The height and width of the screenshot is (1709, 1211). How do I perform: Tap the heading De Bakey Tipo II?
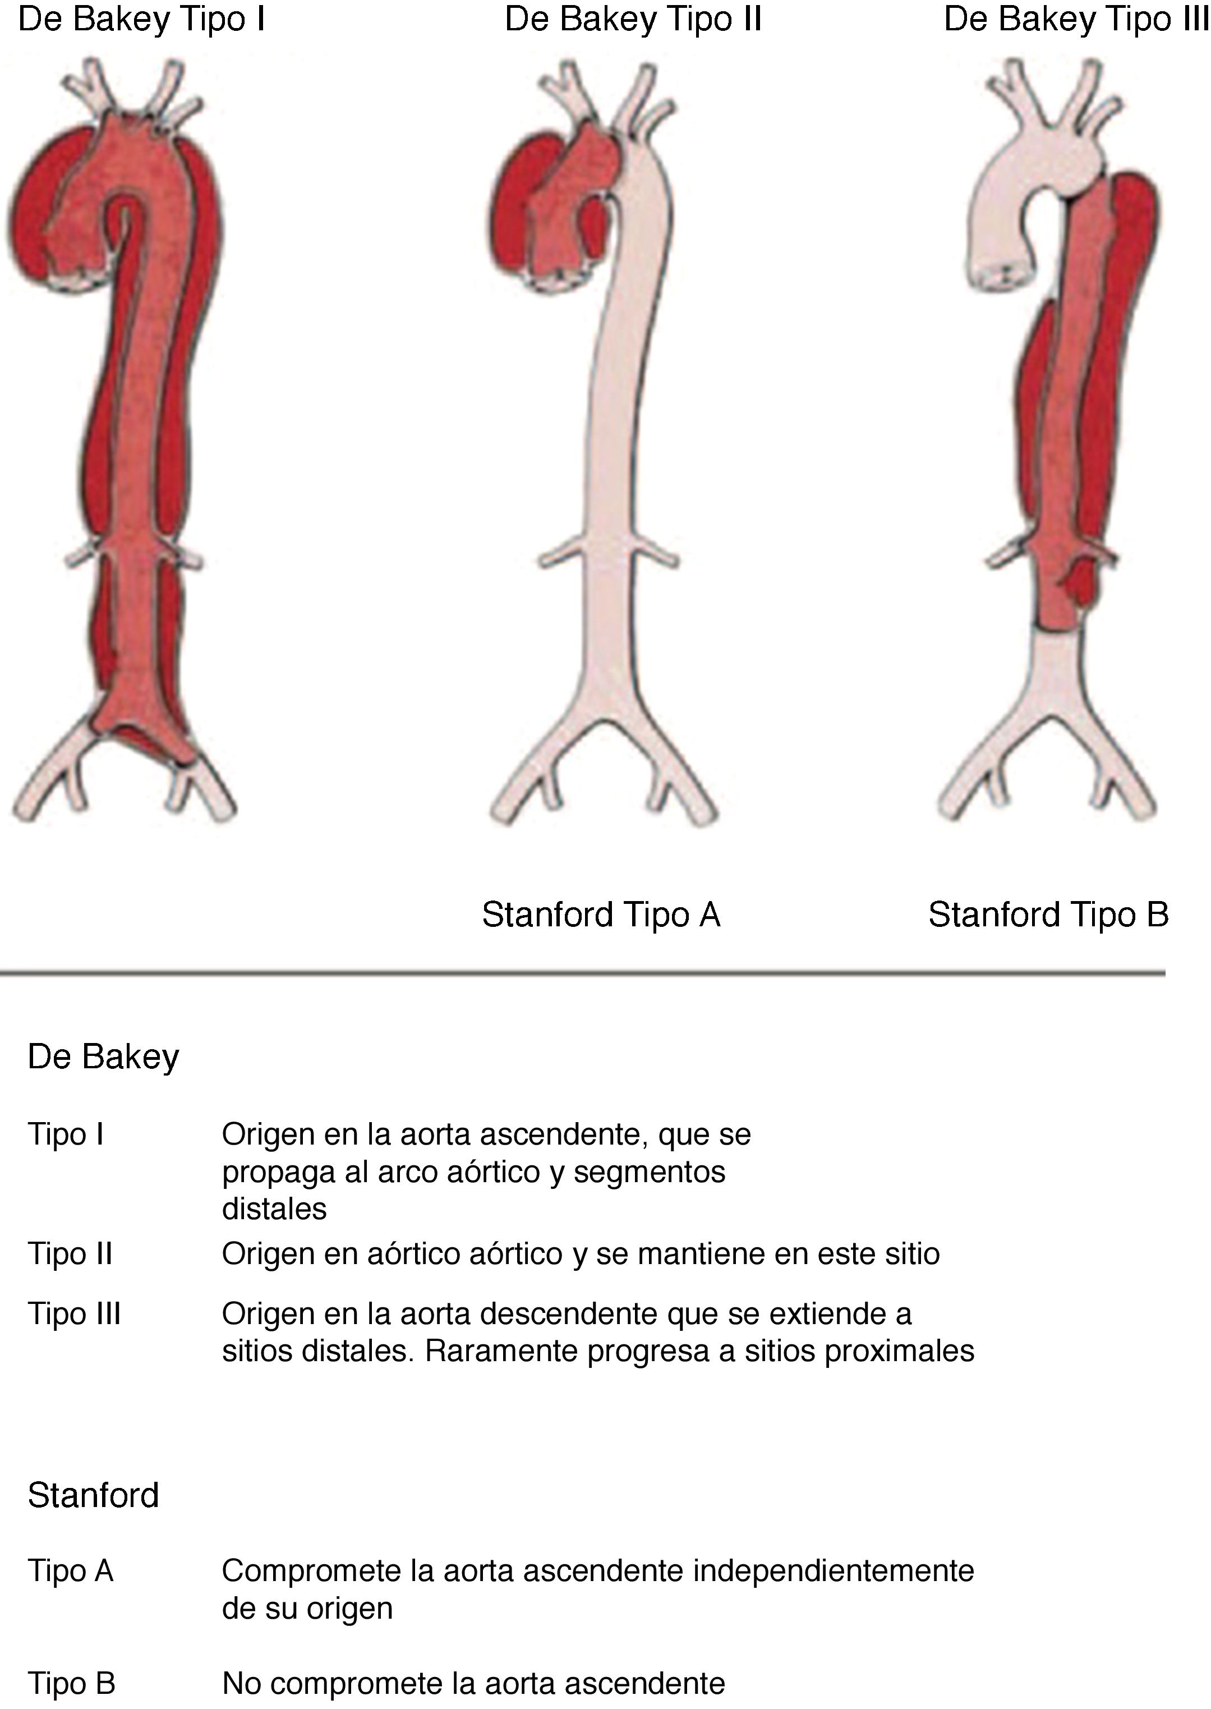pos(633,20)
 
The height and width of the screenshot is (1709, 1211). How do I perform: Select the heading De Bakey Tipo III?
pos(1075,20)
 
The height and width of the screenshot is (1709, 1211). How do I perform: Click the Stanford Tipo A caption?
pos(601,915)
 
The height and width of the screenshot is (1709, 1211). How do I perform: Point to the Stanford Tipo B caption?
pos(1048,915)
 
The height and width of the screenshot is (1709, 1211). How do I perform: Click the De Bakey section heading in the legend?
pos(104,1057)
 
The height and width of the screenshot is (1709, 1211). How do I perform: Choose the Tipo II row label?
pos(70,1254)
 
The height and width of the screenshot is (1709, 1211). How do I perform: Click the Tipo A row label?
pos(70,1571)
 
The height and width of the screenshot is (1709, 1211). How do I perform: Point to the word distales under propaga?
pos(274,1209)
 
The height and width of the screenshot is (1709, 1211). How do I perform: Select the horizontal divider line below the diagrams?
pos(582,973)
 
